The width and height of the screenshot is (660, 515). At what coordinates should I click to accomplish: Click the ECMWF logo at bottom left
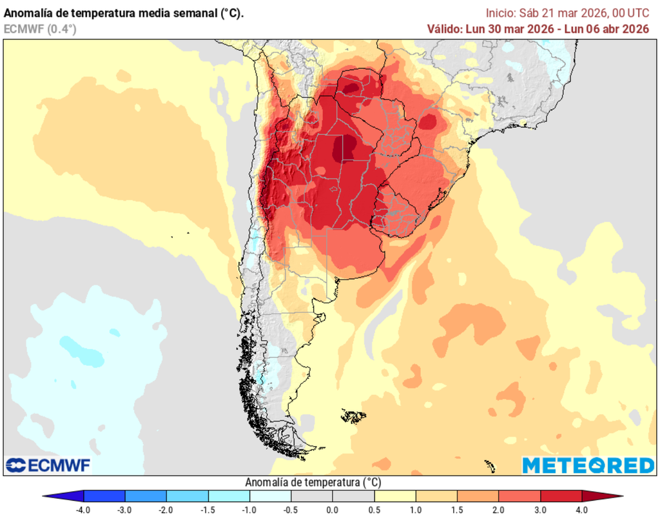coord(49,465)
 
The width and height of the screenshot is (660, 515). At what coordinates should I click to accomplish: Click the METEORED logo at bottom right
coord(588,465)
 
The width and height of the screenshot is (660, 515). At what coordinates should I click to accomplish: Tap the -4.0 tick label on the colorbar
coord(83,509)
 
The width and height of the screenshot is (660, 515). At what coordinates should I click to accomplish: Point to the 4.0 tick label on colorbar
coord(582,509)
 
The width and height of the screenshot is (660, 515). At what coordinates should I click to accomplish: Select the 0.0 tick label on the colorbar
coord(333,509)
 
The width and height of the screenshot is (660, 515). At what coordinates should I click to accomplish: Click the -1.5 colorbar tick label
coord(208,509)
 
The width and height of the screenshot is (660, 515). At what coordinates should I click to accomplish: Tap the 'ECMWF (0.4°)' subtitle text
coord(40,28)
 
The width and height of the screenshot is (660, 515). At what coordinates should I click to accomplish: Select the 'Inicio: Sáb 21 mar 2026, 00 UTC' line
coord(567,13)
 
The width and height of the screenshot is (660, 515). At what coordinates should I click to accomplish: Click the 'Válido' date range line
coord(538,28)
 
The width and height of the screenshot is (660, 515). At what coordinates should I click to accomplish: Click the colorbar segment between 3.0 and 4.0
coord(561,496)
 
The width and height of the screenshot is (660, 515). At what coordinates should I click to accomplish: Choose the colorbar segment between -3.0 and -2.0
coord(146,496)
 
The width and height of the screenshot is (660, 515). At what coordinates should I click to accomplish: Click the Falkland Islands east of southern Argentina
coord(353,416)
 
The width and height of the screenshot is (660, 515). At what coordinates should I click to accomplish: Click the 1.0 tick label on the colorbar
coord(416,509)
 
